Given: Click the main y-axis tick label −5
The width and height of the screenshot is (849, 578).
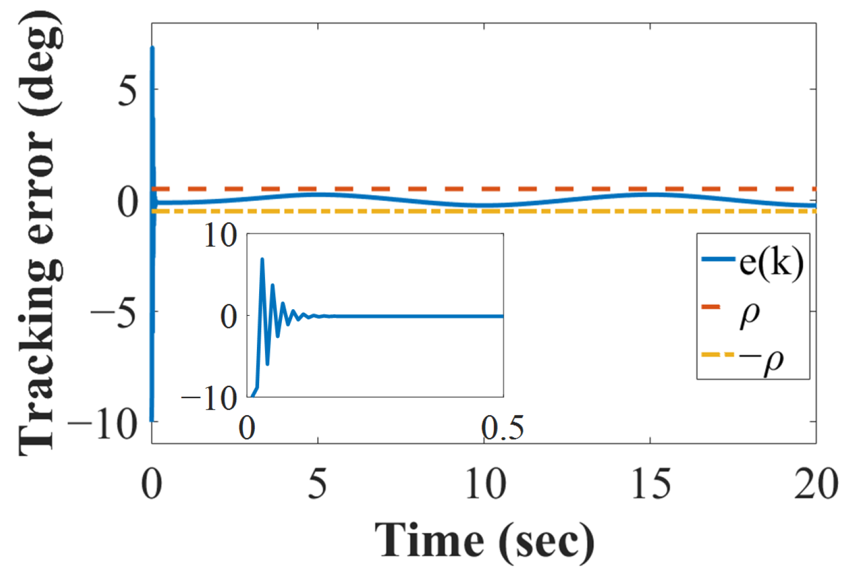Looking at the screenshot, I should click(114, 313).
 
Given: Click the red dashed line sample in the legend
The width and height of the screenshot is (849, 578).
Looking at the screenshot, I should click(711, 307).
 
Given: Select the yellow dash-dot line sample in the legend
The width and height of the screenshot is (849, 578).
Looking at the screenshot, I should click(717, 355).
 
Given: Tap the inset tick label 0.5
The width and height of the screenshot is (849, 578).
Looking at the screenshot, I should click(502, 428).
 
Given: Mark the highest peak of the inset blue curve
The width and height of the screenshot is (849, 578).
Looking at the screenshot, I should click(262, 259).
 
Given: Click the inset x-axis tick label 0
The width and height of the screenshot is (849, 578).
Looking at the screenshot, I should click(247, 428).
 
